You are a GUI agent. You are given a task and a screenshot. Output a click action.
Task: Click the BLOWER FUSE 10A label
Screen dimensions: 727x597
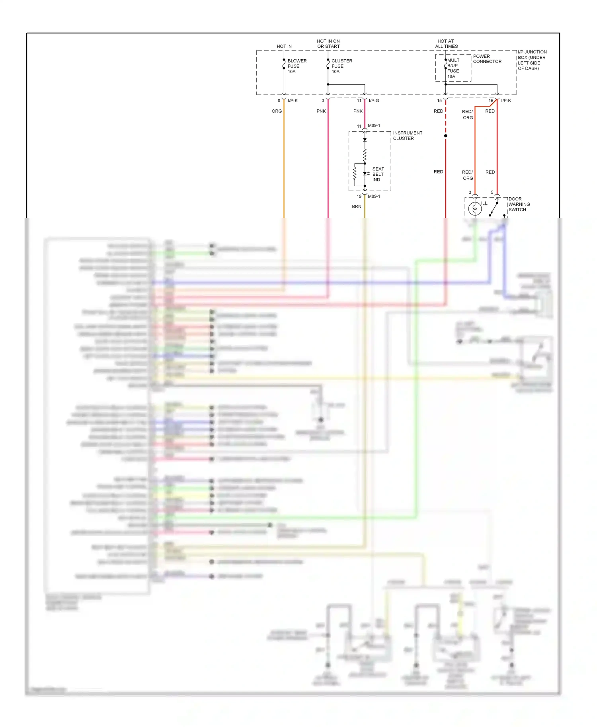(x=297, y=66)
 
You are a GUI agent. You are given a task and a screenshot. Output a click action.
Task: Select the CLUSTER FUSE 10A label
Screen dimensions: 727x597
(x=341, y=66)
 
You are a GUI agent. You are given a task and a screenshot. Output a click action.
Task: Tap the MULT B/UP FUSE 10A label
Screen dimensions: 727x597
(x=453, y=68)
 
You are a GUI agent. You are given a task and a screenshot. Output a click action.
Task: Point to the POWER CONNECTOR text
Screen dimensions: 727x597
(x=487, y=59)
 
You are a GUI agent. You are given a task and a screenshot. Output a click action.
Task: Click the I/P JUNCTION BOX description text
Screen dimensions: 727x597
(x=532, y=60)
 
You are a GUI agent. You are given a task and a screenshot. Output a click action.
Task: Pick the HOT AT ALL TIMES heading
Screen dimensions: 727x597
(x=446, y=44)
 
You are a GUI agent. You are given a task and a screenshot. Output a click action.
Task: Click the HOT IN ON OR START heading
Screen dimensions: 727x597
(x=328, y=44)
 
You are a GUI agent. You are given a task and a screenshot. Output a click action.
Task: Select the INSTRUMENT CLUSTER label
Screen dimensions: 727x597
(x=407, y=136)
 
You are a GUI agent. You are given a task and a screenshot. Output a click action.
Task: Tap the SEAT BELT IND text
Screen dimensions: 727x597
(x=378, y=174)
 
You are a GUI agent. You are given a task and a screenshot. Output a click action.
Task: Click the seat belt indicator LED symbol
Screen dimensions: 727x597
(x=365, y=174)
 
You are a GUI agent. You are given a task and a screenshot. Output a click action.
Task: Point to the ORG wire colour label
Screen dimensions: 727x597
(x=277, y=111)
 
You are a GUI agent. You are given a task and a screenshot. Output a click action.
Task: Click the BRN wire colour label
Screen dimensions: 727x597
(x=357, y=206)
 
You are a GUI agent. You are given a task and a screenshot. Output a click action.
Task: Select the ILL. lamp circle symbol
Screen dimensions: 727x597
(x=475, y=208)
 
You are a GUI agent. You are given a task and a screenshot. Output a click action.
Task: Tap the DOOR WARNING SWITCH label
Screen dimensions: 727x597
(x=519, y=204)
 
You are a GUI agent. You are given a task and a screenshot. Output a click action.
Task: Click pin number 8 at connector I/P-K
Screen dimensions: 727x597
(x=279, y=101)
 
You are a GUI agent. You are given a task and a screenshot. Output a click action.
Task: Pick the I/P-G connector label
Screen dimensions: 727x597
(x=374, y=101)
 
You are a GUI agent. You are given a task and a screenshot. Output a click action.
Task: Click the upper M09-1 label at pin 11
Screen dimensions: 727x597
(x=374, y=126)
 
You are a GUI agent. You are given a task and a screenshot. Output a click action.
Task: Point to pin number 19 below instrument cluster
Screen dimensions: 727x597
(x=359, y=196)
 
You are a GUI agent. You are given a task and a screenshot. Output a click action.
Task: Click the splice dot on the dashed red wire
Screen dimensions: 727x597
(x=446, y=136)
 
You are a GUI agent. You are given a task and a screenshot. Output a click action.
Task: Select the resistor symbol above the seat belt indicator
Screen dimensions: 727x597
(x=365, y=155)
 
